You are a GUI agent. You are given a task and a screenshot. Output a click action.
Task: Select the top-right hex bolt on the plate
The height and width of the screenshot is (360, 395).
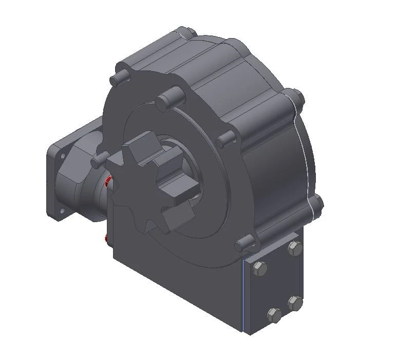pyautogui.click(x=294, y=249)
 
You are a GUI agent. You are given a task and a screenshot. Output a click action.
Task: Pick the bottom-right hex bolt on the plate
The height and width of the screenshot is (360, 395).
pyautogui.click(x=294, y=303)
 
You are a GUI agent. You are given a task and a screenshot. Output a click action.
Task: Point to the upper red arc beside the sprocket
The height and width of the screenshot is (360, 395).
pyautogui.click(x=107, y=181)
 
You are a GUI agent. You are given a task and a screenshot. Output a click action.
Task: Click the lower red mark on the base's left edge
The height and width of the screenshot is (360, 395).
pyautogui.click(x=105, y=238)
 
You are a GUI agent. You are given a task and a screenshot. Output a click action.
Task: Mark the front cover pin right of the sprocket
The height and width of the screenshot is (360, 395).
pyautogui.click(x=227, y=139)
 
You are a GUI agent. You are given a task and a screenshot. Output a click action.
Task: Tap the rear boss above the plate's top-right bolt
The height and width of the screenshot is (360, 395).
pyautogui.click(x=317, y=204)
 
